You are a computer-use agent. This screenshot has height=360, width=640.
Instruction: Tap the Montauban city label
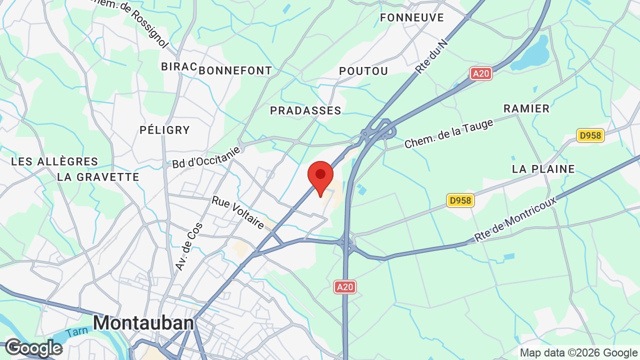143,322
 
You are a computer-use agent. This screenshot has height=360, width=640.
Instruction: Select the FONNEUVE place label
412,18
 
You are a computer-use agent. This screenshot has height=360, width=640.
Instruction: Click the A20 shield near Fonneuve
481,73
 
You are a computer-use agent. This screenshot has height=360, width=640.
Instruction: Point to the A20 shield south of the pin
345,287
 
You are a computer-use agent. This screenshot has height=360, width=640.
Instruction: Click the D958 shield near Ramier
590,135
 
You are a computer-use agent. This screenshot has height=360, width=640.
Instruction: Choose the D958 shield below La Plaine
460,200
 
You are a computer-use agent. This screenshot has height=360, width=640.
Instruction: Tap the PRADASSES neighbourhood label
305,110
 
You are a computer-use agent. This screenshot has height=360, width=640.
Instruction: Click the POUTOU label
363,71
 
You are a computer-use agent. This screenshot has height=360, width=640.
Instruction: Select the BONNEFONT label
235,70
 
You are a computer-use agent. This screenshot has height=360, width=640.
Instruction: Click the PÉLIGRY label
165,130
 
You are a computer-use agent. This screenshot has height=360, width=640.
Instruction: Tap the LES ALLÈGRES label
54,161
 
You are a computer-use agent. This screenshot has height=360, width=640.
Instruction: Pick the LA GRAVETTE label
98,177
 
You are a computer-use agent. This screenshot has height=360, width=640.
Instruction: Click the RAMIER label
526,108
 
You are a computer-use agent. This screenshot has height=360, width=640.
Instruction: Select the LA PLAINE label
543,169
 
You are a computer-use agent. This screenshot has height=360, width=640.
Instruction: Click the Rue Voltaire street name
238,212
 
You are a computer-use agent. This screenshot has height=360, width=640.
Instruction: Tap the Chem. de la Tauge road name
448,133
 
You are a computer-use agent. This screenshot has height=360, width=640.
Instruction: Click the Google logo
33,348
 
